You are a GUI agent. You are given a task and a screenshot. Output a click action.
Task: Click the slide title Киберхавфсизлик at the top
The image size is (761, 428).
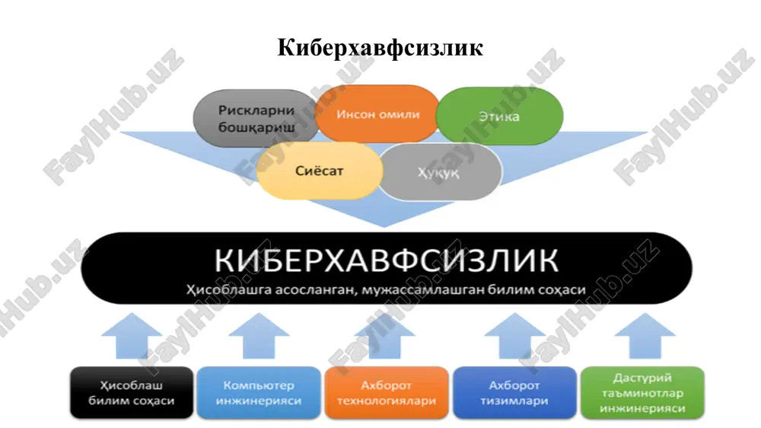tap(380, 48)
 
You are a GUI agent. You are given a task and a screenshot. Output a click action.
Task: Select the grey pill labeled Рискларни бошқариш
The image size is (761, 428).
tap(256, 119)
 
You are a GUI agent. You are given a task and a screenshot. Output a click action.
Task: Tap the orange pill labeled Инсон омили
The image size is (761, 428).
tap(377, 114)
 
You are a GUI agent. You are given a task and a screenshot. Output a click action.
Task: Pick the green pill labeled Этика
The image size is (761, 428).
tap(499, 116)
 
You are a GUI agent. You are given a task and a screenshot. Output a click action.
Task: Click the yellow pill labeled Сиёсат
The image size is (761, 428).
tap(320, 171)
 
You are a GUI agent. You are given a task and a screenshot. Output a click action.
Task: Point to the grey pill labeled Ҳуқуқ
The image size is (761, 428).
tap(439, 172)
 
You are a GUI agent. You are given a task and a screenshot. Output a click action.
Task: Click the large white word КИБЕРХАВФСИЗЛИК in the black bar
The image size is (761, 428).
tap(387, 260)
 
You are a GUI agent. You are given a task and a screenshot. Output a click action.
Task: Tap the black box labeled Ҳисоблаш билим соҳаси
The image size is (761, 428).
tap(132, 392)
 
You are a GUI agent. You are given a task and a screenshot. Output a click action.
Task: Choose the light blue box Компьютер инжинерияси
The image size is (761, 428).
tap(259, 392)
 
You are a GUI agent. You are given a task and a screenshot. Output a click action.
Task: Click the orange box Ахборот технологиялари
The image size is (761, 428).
tap(387, 392)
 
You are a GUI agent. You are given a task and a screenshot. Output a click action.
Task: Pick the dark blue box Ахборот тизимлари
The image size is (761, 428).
tap(514, 392)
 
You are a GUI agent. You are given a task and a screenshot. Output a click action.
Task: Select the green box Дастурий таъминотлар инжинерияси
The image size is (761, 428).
tap(642, 392)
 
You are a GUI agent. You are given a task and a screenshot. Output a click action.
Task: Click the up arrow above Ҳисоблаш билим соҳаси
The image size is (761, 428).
tap(132, 336)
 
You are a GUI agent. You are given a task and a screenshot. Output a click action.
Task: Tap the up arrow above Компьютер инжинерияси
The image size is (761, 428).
tap(259, 336)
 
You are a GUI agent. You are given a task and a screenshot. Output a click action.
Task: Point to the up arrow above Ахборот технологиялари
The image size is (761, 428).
tap(385, 336)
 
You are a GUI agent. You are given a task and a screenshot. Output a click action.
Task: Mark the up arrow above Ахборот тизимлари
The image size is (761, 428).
tap(515, 336)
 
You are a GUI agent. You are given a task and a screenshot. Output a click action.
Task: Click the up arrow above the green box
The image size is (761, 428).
tap(645, 336)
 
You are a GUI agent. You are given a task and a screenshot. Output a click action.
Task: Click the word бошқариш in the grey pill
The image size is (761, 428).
tap(256, 128)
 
